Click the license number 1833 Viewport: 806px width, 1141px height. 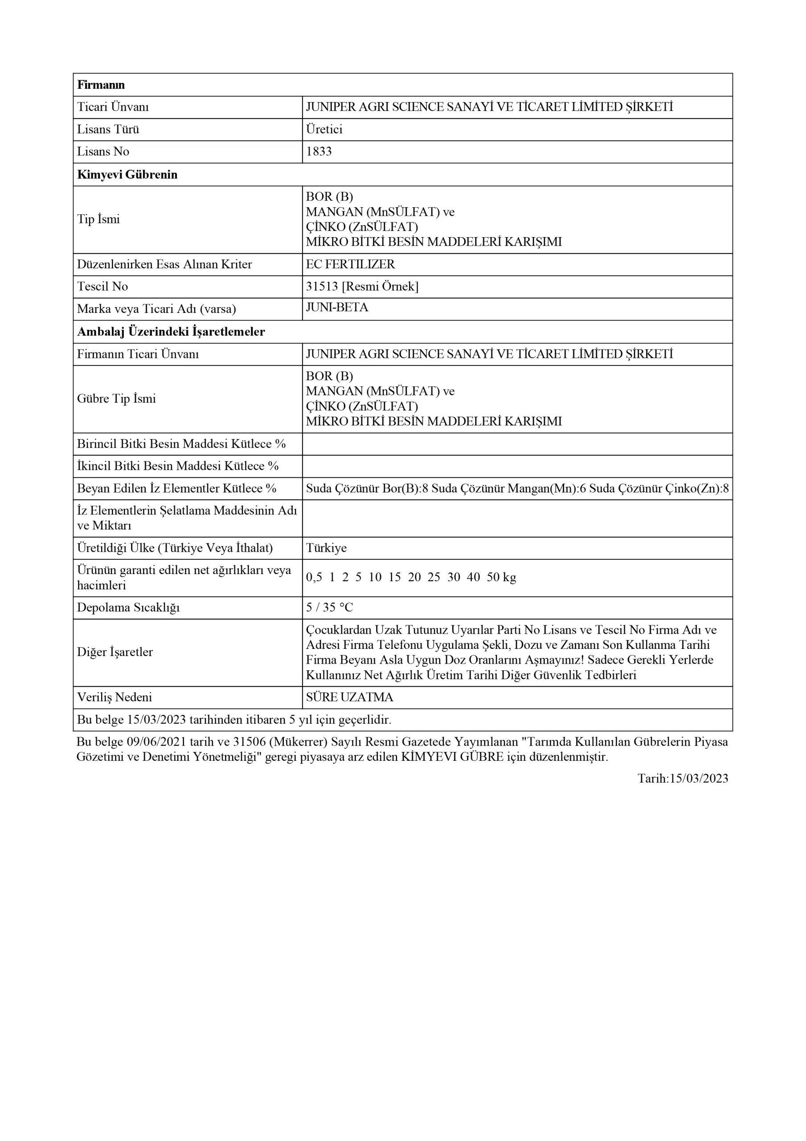pos(319,152)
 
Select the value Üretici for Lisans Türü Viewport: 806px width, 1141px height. pos(324,129)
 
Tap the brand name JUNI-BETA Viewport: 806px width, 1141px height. pos(337,308)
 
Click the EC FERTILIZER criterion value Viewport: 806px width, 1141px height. pos(350,264)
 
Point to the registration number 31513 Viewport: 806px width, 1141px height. pos(322,287)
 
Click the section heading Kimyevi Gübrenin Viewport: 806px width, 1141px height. pos(127,175)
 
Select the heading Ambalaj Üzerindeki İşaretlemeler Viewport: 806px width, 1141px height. pos(171,332)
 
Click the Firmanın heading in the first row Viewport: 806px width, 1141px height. pos(101,85)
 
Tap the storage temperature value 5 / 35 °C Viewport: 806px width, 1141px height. pos(329,607)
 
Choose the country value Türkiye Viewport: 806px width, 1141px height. pos(326,548)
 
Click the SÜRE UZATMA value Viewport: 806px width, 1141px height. pos(349,697)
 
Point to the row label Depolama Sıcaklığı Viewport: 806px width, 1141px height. pos(128,607)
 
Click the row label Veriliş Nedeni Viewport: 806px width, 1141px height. pos(115,697)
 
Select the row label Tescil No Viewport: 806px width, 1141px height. pos(102,287)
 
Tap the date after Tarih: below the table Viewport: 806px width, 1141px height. pos(699,779)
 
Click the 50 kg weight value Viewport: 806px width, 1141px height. pos(501,578)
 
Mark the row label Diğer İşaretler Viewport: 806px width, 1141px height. pos(115,652)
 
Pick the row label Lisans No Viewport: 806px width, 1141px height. pos(103,152)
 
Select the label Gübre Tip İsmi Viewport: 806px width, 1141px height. pos(116,398)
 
